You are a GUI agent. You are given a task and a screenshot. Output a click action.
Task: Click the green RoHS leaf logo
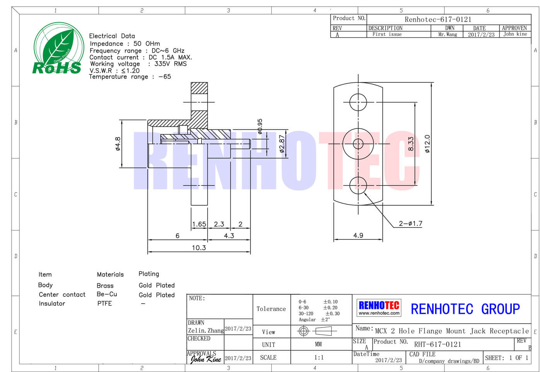[x=58, y=48]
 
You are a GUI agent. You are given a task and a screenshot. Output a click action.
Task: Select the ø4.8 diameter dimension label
[x=118, y=144]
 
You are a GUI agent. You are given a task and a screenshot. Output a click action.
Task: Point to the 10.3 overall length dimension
[x=199, y=248]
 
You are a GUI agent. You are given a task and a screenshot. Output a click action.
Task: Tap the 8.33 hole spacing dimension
[x=411, y=144]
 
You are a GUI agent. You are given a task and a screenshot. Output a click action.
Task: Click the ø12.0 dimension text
[x=427, y=144]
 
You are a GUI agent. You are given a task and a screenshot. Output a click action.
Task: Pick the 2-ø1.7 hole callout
[x=411, y=224]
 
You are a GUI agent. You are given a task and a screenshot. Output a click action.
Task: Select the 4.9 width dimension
[x=358, y=235]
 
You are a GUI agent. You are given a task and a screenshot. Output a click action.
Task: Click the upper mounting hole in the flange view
[x=358, y=102]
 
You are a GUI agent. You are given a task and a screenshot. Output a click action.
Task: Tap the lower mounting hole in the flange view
[x=358, y=185]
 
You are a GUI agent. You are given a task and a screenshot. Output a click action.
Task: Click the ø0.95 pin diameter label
[x=260, y=126]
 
